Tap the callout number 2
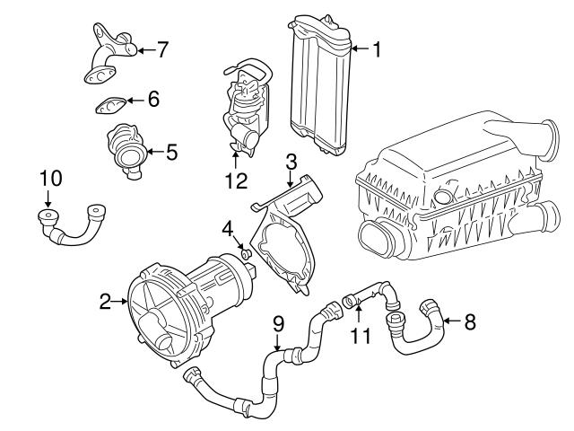tap(105, 302)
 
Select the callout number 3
tap(291, 162)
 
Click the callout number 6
tap(153, 100)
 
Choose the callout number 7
tap(161, 48)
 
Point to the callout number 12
tap(235, 180)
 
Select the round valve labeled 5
tap(126, 150)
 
